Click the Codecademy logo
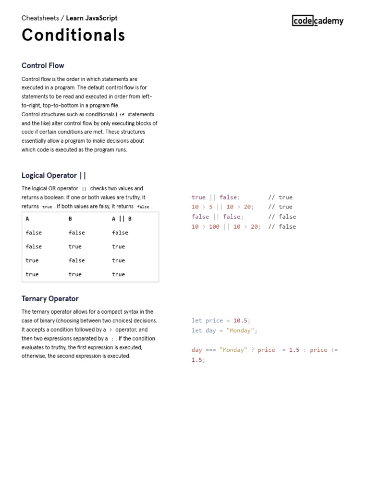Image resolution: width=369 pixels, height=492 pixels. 318,20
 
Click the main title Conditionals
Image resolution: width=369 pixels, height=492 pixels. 74,35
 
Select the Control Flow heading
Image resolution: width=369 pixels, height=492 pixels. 43,66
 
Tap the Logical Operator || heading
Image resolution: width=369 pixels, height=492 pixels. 54,175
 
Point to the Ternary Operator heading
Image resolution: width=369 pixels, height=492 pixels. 50,298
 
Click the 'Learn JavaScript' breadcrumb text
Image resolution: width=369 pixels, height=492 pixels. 92,18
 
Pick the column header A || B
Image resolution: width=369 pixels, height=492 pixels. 122,219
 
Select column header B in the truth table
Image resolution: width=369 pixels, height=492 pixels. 70,219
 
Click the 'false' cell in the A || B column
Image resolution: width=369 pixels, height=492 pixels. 120,233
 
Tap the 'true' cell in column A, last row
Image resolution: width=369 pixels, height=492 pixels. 32,274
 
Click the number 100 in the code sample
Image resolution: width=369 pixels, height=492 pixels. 214,227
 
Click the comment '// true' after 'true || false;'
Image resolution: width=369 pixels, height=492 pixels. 280,197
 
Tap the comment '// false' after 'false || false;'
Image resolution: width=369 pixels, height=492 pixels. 282,217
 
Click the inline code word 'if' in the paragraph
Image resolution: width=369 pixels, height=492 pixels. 122,115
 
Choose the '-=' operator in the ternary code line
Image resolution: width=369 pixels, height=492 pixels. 281,350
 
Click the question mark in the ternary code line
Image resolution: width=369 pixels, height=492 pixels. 253,350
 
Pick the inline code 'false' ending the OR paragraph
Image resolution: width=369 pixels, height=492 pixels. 143,207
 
